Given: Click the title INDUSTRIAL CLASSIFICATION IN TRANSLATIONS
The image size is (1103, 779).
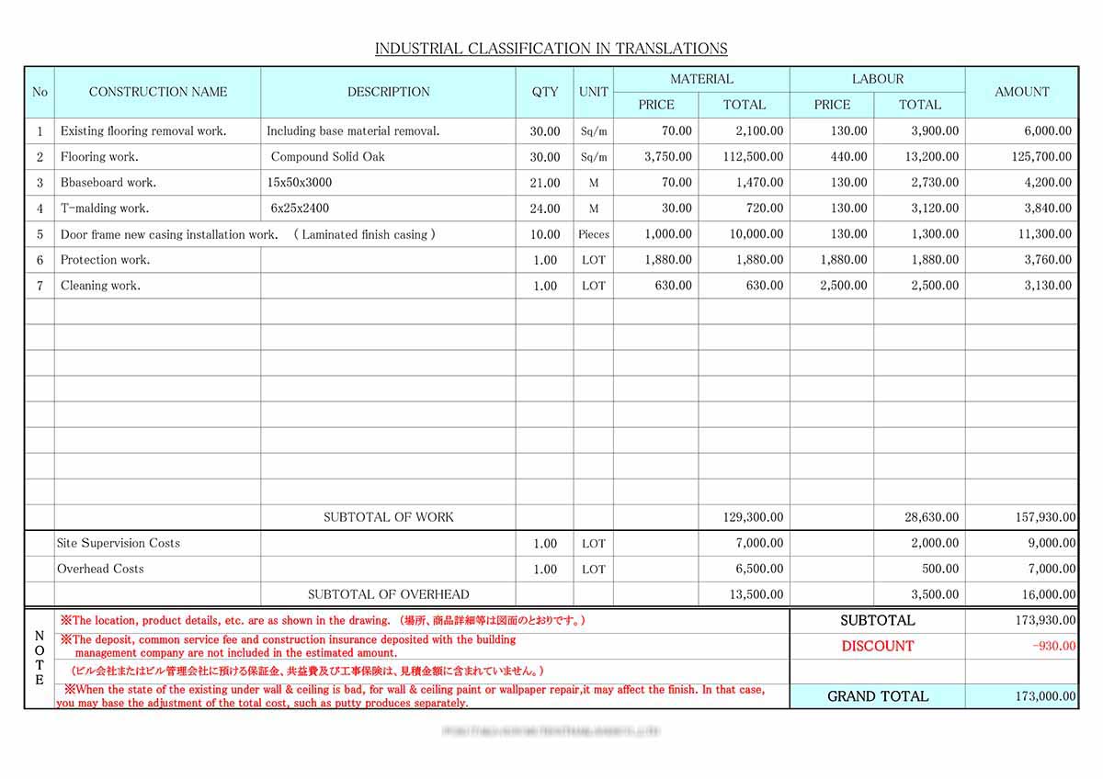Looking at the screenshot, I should (551, 49).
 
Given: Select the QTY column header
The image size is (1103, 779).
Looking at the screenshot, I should (544, 92).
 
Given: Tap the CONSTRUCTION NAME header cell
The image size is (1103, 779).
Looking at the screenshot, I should (157, 92).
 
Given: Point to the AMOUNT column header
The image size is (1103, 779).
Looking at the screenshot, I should (1021, 92).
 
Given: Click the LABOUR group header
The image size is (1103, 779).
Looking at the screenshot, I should (877, 79).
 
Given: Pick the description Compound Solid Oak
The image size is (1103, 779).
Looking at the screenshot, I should (327, 157).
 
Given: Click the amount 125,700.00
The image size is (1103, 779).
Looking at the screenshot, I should (1041, 157).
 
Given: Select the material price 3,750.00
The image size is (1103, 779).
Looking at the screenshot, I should (668, 157).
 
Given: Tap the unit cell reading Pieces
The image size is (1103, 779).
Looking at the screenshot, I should (594, 234).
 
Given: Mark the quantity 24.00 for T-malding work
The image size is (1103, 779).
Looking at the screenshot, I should (544, 209).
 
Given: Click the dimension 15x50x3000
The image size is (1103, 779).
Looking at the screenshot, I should (300, 183).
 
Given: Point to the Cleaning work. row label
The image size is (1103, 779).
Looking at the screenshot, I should (100, 286).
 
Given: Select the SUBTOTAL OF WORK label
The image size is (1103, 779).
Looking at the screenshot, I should (388, 517).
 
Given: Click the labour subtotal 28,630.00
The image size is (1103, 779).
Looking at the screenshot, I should (931, 517).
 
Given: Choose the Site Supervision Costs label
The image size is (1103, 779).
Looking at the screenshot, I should (119, 543).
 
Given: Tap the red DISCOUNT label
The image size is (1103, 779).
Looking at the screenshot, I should (877, 646).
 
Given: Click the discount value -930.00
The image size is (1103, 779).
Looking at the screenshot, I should (1053, 646).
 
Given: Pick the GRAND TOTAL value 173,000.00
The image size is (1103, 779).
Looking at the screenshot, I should (1045, 696).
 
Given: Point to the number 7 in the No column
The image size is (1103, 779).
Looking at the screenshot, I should (40, 286).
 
